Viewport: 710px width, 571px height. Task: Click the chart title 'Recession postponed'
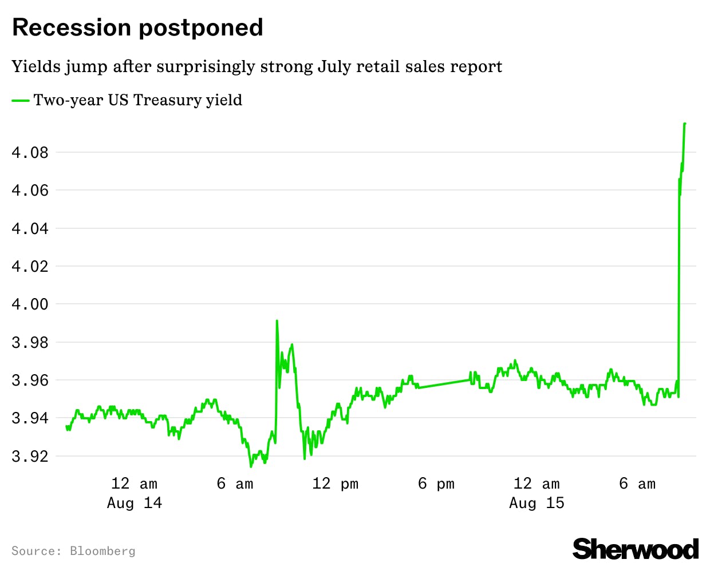[137, 27]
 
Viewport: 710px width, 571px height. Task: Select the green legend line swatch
[21, 101]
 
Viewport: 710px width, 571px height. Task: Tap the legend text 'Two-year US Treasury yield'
[138, 100]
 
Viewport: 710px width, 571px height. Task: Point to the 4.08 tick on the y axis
[30, 153]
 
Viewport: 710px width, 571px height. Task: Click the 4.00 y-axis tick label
[30, 304]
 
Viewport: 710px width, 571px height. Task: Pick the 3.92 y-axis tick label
[30, 457]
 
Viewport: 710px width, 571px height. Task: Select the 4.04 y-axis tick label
[30, 229]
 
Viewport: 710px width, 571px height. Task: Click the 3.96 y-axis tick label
[30, 380]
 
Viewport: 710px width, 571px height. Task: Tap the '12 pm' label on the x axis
[335, 484]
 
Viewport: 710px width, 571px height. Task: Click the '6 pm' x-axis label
[436, 484]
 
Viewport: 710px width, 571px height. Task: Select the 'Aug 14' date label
[135, 503]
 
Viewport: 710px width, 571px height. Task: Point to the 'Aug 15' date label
[537, 503]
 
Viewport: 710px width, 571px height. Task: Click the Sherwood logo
[636, 549]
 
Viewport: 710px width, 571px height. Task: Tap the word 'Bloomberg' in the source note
[102, 551]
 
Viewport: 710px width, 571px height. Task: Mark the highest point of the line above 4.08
[685, 124]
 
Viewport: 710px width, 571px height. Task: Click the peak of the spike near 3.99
[277, 321]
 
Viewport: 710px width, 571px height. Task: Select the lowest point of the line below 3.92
[251, 466]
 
